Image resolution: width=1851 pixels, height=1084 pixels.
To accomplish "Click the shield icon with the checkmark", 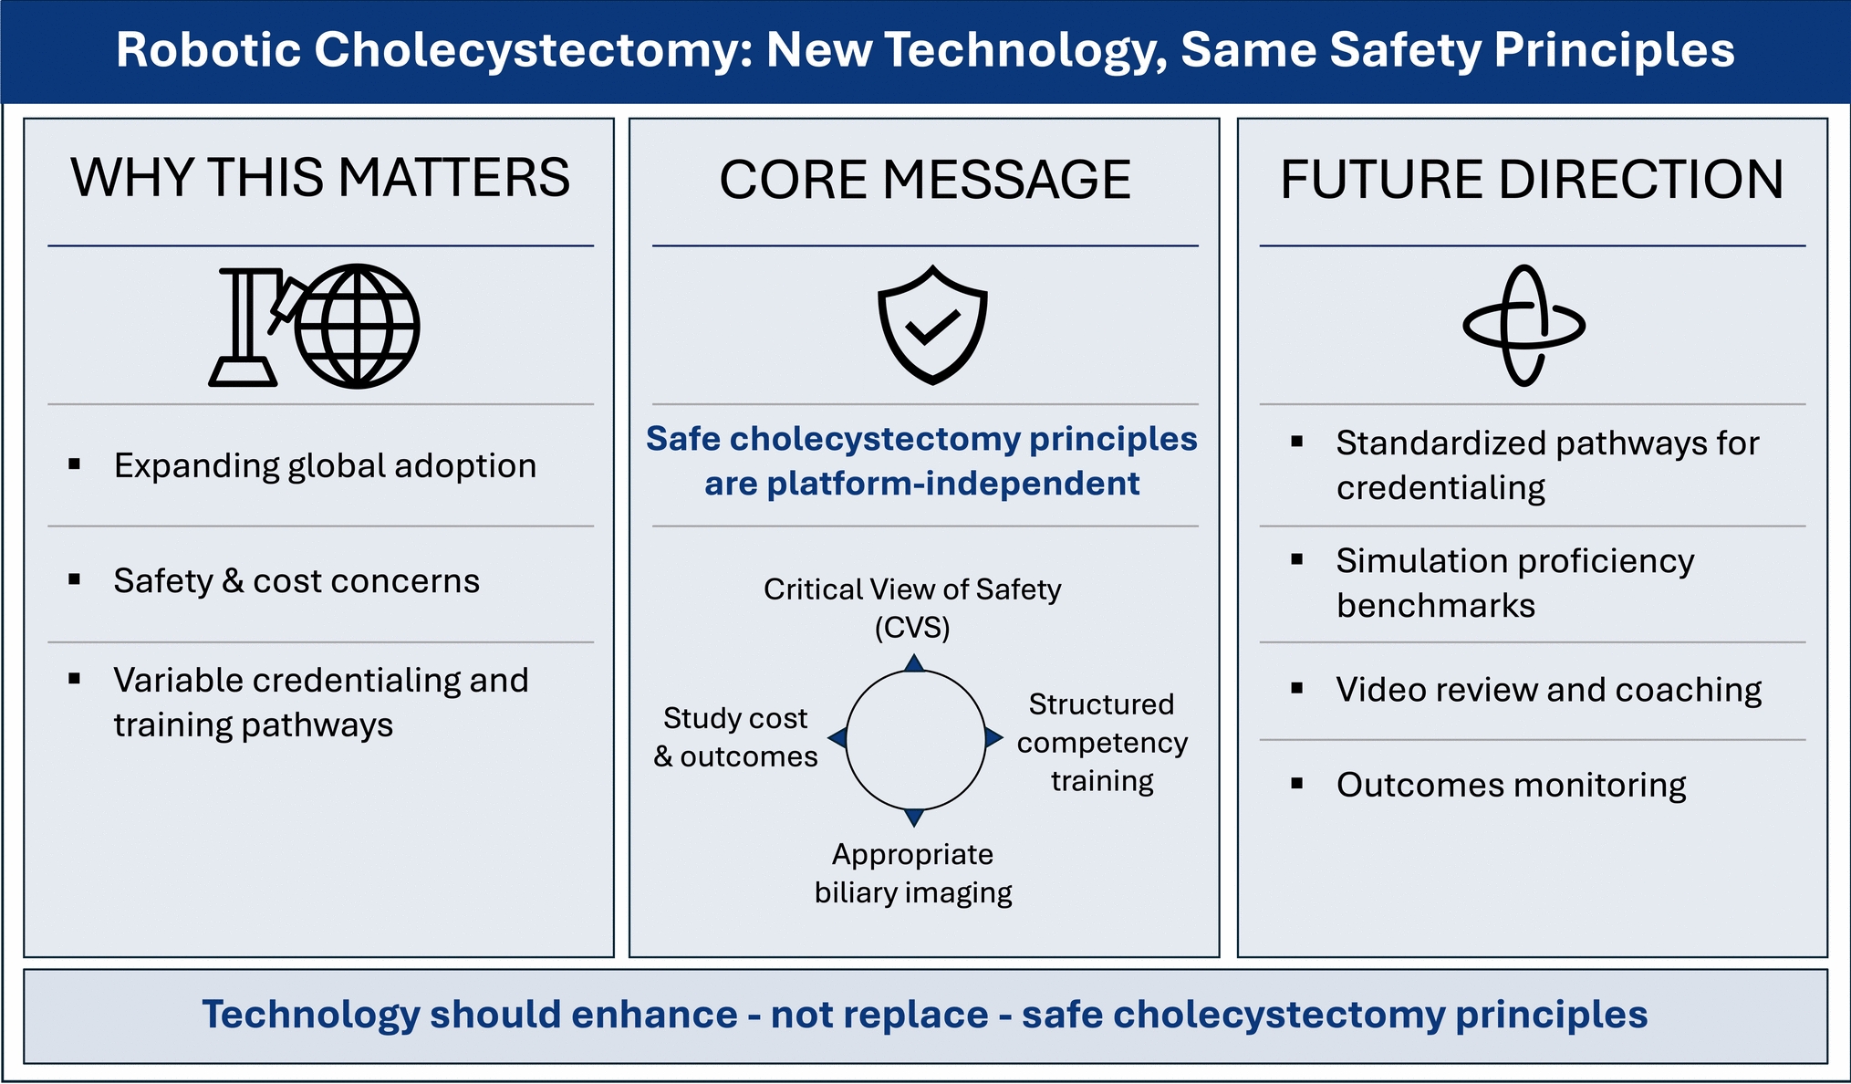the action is [x=932, y=325].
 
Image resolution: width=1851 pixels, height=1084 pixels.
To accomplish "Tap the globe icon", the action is [x=358, y=326].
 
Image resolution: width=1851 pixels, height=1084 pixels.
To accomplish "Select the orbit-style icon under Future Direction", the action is [x=1523, y=326].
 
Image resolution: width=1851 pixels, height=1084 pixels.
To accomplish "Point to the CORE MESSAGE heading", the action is [x=925, y=179].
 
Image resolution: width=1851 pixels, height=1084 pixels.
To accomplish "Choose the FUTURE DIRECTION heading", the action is [x=1532, y=179].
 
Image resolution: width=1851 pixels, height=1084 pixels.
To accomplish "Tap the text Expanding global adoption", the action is [x=326, y=466].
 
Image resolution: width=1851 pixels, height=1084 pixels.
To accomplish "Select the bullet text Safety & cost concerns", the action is [x=296, y=581].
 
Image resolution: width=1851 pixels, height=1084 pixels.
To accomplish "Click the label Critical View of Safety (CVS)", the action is [x=912, y=609].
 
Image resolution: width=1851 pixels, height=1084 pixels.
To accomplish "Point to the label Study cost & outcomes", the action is [x=735, y=737].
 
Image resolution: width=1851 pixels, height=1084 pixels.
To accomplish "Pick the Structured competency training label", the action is [x=1102, y=743].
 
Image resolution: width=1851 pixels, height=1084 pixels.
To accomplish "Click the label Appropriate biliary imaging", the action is [x=913, y=873].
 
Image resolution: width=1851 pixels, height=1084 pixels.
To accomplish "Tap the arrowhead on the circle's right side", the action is [x=994, y=737].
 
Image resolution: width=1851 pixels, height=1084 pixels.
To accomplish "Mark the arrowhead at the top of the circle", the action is [x=914, y=663].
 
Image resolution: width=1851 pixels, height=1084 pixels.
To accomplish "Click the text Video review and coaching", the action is [x=1549, y=690].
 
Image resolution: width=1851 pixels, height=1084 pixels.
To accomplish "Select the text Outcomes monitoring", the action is [x=1512, y=785].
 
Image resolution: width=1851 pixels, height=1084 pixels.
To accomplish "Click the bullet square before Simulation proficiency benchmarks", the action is [x=1297, y=560].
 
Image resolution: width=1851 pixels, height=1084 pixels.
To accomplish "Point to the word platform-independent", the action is [x=953, y=484].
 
